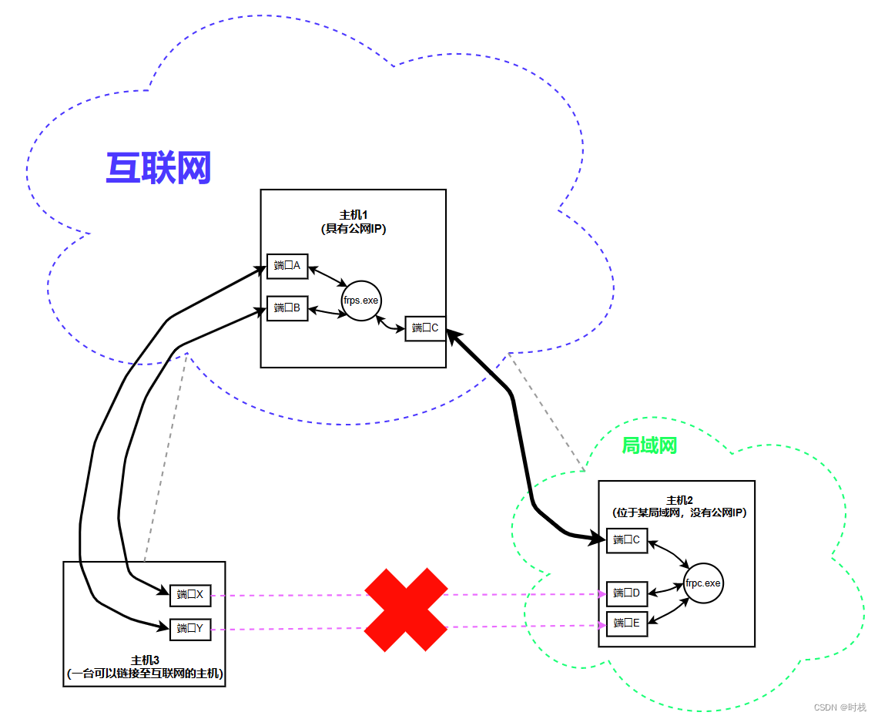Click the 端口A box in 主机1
287,266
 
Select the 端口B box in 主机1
287,308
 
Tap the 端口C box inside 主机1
426,328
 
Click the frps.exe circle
361,301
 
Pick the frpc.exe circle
703,583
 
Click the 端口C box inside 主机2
627,539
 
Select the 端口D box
627,593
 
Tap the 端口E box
627,623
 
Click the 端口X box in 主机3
190,594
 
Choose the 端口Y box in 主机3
190,629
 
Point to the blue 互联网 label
159,168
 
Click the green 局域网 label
648,445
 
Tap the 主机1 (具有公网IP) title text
353,221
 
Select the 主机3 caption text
145,667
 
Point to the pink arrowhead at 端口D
602,594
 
